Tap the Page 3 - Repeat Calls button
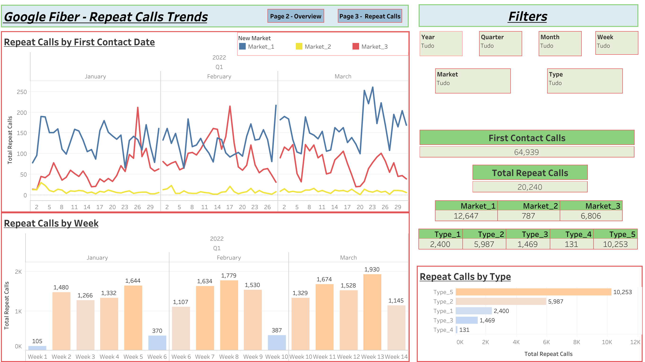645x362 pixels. pyautogui.click(x=370, y=16)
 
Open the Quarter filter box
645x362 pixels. pyautogui.click(x=500, y=43)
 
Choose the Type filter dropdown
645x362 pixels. pyautogui.click(x=585, y=81)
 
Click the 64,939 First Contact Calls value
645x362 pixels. pyautogui.click(x=526, y=152)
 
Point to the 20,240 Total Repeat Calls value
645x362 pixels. pyautogui.click(x=529, y=187)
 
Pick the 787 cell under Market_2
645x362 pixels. pyautogui.click(x=528, y=216)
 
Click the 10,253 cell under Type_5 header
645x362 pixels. pyautogui.click(x=615, y=244)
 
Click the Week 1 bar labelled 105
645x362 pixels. pyautogui.click(x=37, y=348)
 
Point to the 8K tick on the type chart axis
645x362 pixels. pyautogui.click(x=576, y=342)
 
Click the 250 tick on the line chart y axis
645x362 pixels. pyautogui.click(x=22, y=92)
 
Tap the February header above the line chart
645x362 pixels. pyautogui.click(x=219, y=76)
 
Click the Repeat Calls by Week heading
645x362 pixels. pyautogui.click(x=51, y=223)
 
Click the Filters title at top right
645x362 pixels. pyautogui.click(x=528, y=16)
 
